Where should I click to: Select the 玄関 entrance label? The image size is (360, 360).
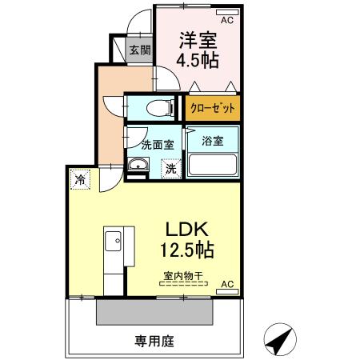point(139,50)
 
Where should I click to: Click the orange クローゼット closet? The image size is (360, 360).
point(213,106)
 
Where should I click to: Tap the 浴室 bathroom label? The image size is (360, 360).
point(212,141)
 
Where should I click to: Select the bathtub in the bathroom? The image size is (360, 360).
point(213,166)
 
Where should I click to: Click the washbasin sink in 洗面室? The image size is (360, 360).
point(138,166)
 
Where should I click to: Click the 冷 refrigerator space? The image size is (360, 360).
point(80,179)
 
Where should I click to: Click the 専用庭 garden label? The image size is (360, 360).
point(150,339)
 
